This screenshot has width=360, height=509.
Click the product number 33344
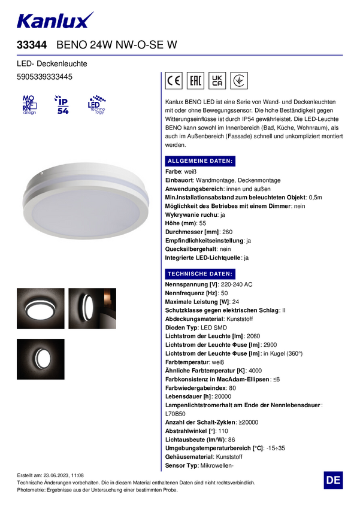(x=32, y=45)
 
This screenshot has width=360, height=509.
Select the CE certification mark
(x=174, y=81)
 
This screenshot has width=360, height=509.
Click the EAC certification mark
(x=195, y=81)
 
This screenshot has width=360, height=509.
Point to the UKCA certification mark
(x=217, y=81)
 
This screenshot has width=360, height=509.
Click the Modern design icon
(x=29, y=104)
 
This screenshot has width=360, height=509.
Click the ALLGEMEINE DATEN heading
(x=200, y=161)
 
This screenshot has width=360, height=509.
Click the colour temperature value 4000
(x=255, y=371)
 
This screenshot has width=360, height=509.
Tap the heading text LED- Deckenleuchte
(x=52, y=63)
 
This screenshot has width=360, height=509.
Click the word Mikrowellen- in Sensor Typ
(x=216, y=466)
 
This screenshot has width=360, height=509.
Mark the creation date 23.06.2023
(x=58, y=474)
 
